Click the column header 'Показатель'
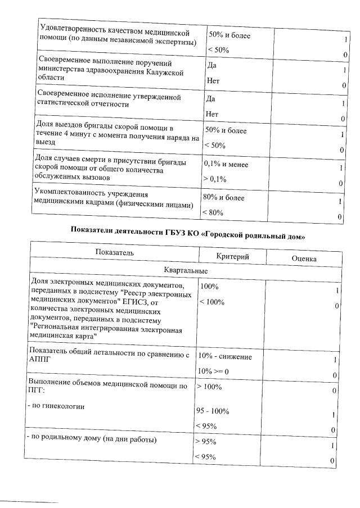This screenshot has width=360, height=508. point(115,253)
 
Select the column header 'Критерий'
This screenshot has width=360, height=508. point(232,256)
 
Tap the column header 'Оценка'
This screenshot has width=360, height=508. point(304,258)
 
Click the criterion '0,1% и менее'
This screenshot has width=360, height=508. point(226,165)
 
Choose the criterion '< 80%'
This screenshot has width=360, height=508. point(214,212)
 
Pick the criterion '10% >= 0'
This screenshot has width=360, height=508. point(217,372)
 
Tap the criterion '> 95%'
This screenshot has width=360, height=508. point(206,441)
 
